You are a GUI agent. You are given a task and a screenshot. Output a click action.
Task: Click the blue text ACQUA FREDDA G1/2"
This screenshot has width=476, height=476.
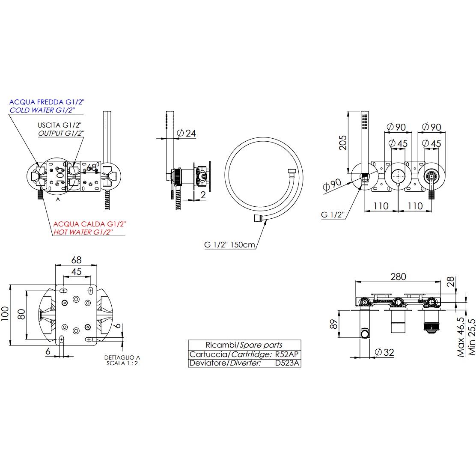(47, 102)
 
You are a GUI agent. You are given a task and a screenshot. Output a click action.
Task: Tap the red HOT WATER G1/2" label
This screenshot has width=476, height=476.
(83, 232)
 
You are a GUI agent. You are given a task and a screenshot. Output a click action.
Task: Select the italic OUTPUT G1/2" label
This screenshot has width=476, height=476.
(61, 133)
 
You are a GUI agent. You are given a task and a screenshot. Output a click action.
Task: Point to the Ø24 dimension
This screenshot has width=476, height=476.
(186, 133)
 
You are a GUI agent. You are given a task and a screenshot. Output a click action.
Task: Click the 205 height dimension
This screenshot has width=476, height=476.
(343, 140)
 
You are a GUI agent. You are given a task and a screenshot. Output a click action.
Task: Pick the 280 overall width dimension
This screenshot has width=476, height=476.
(398, 277)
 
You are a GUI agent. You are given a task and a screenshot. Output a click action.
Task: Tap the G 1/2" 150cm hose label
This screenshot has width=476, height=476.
(229, 245)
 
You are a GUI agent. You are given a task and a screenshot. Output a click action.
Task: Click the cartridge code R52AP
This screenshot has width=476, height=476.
(287, 354)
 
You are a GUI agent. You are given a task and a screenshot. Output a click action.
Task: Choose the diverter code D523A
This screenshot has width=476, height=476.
(287, 363)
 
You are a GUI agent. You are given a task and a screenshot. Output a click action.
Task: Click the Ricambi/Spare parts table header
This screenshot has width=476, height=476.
(244, 345)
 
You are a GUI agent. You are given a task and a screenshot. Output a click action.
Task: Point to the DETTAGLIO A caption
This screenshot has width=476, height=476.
(122, 357)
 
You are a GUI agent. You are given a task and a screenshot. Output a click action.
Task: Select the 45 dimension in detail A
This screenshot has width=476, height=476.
(76, 271)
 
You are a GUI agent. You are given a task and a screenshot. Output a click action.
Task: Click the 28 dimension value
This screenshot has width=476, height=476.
(450, 282)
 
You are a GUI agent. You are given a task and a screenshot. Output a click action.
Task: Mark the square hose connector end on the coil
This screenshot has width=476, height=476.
(257, 218)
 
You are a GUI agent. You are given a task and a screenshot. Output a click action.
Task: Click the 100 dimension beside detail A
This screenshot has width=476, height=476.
(5, 315)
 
